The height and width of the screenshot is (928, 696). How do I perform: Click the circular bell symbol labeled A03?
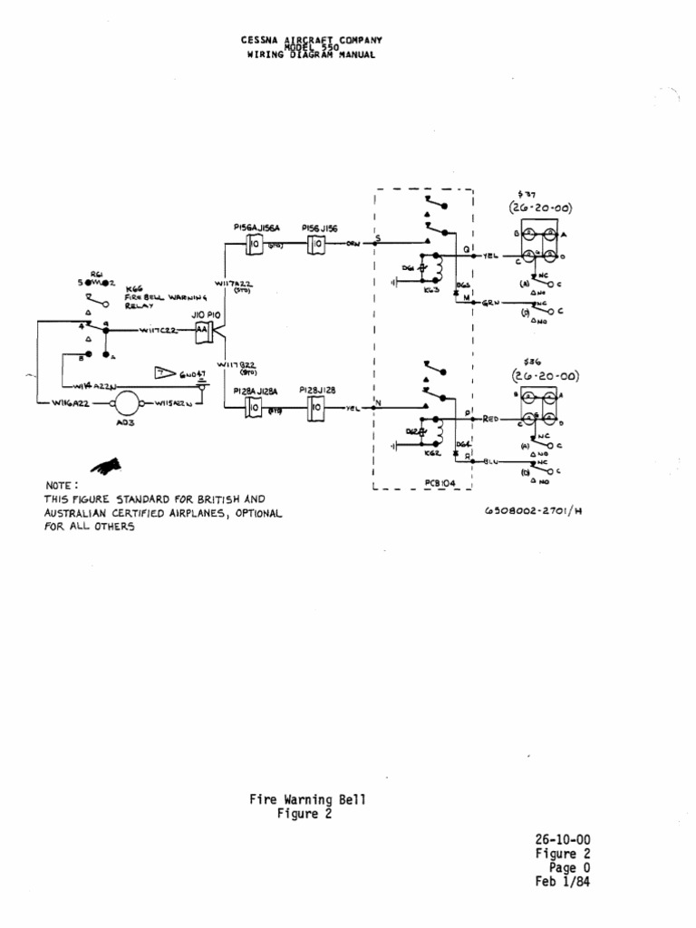(128, 402)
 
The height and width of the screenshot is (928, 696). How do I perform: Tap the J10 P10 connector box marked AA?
(202, 333)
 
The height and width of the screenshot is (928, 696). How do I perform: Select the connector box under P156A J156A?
(255, 245)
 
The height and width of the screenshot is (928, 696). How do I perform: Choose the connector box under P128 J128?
(316, 409)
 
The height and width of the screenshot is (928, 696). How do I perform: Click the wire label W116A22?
(72, 402)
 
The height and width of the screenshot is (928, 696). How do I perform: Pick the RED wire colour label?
(492, 420)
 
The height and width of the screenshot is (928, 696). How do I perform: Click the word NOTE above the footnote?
(62, 487)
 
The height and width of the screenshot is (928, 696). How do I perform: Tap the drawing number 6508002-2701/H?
(532, 510)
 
